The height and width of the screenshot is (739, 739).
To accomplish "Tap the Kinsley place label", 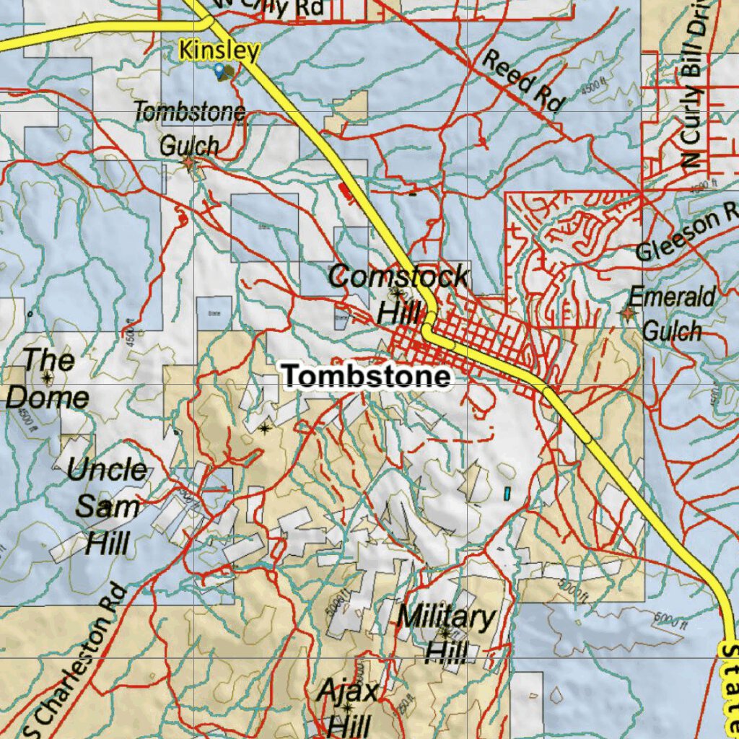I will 219,51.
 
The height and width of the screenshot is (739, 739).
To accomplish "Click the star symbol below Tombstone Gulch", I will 189,163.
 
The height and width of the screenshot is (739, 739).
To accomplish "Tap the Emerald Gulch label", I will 672,313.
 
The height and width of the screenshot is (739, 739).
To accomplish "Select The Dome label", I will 48,378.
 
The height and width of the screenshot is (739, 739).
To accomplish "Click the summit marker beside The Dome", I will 48,377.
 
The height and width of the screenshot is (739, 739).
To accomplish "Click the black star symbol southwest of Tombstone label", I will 265,429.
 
